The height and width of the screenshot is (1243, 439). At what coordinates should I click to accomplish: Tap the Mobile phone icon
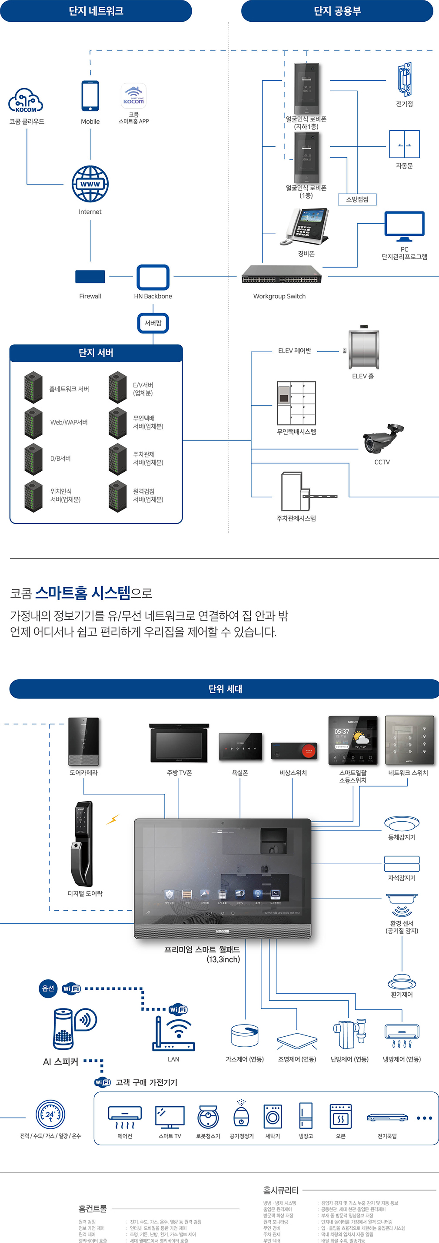(90, 96)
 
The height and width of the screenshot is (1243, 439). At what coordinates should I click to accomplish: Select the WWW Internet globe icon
(90, 184)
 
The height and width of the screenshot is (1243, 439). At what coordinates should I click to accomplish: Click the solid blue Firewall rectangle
(90, 277)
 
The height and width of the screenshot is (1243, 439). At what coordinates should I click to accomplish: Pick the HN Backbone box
(153, 277)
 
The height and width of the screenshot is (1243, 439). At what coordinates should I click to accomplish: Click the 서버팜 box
(153, 323)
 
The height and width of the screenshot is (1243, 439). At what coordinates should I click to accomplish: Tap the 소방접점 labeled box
(357, 199)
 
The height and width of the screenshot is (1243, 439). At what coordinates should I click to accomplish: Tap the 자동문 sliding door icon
(404, 144)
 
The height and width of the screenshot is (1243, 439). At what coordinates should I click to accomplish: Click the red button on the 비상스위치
(308, 751)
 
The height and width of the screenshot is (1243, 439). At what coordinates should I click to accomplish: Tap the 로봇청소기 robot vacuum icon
(208, 1117)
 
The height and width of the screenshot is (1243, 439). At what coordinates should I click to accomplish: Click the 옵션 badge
(48, 988)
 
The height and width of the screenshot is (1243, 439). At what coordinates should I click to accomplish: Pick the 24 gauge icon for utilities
(50, 1114)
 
